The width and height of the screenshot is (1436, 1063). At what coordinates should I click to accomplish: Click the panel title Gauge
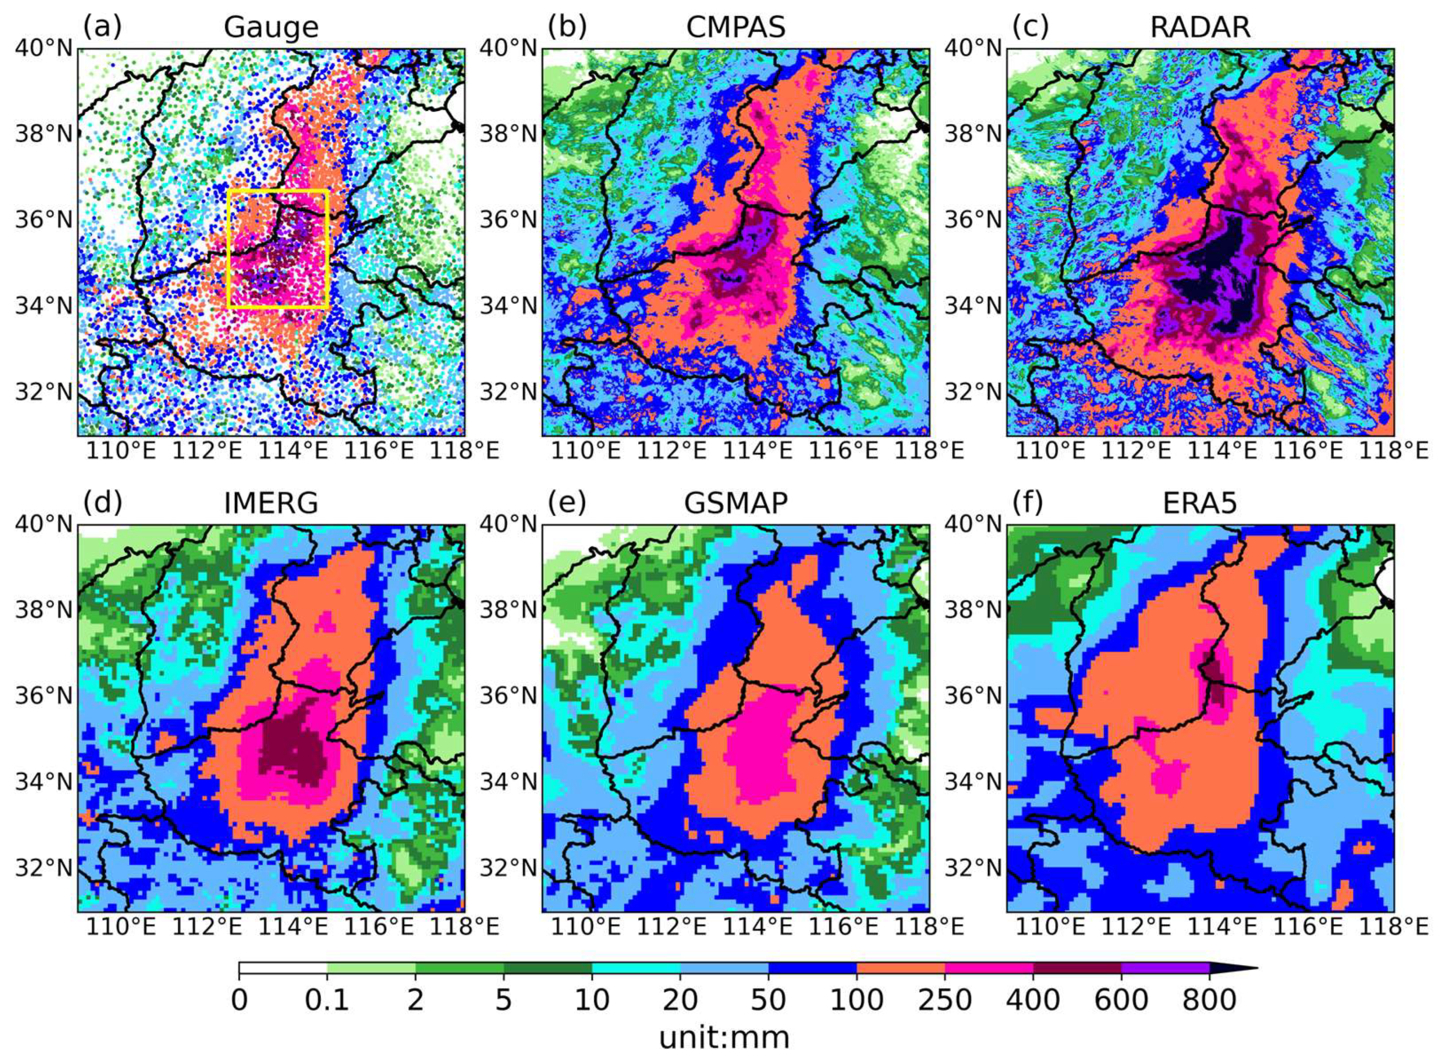tap(271, 28)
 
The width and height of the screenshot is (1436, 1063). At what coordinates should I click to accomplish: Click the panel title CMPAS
tap(736, 28)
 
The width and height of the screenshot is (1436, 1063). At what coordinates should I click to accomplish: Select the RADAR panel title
tap(1200, 28)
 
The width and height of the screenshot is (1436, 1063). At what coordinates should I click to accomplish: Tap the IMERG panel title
tap(271, 503)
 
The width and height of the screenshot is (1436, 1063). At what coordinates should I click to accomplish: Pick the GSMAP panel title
tap(736, 503)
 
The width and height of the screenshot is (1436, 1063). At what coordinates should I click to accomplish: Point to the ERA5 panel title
tap(1200, 503)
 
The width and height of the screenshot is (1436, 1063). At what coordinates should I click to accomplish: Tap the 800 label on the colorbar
tap(1209, 1000)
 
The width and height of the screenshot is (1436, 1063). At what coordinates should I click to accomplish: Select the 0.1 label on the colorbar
tap(327, 1000)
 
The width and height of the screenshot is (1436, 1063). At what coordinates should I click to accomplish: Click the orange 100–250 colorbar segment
tap(900, 968)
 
